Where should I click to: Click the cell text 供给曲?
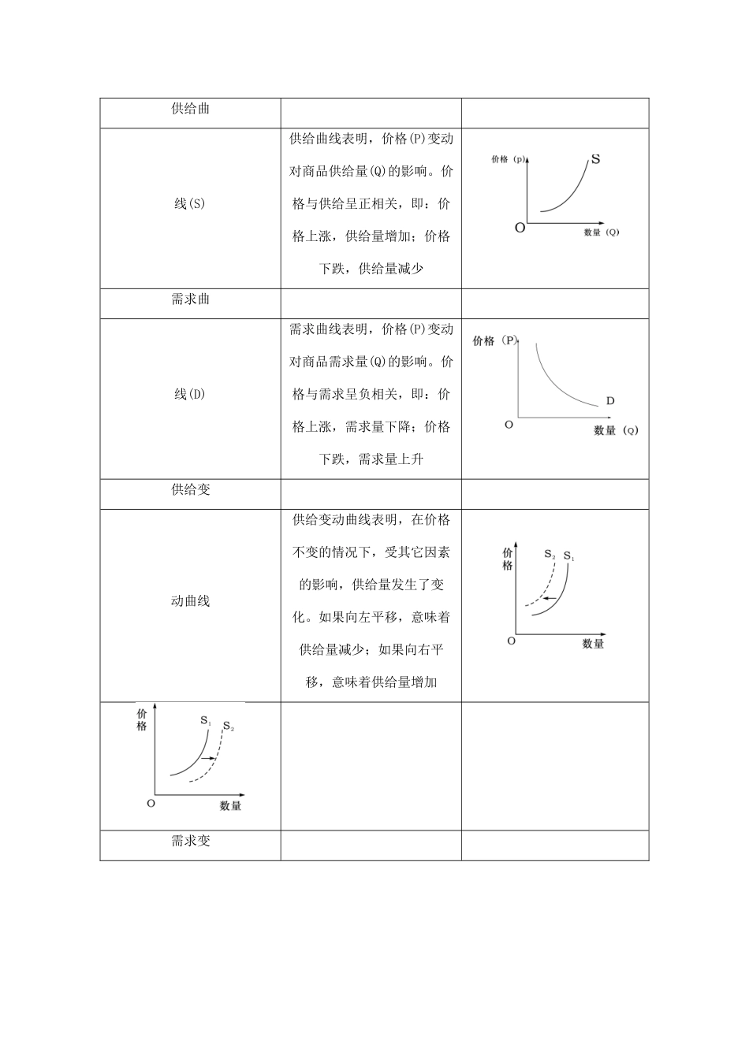[x=190, y=109]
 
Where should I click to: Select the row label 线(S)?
[x=190, y=203]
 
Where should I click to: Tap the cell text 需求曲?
[x=190, y=299]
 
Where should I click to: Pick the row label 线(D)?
[x=190, y=394]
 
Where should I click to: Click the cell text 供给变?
[x=190, y=489]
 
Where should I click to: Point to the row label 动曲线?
[x=190, y=601]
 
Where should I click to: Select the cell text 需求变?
[x=190, y=841]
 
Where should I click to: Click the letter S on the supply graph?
[x=595, y=159]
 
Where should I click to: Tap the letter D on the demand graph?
[x=610, y=401]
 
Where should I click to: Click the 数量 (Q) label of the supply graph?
[x=602, y=232]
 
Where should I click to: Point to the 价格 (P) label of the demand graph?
[x=495, y=340]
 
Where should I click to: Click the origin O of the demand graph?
[x=509, y=425]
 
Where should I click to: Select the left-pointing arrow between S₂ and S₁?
[x=550, y=600]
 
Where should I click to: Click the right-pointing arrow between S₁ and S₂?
[x=209, y=758]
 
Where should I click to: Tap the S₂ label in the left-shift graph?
[x=550, y=554]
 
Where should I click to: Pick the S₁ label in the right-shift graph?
[x=205, y=720]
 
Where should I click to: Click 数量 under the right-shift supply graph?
[x=231, y=806]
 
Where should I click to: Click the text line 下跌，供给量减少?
[x=371, y=269]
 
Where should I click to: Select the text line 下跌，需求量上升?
[x=371, y=459]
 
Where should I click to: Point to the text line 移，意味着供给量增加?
[x=371, y=682]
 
